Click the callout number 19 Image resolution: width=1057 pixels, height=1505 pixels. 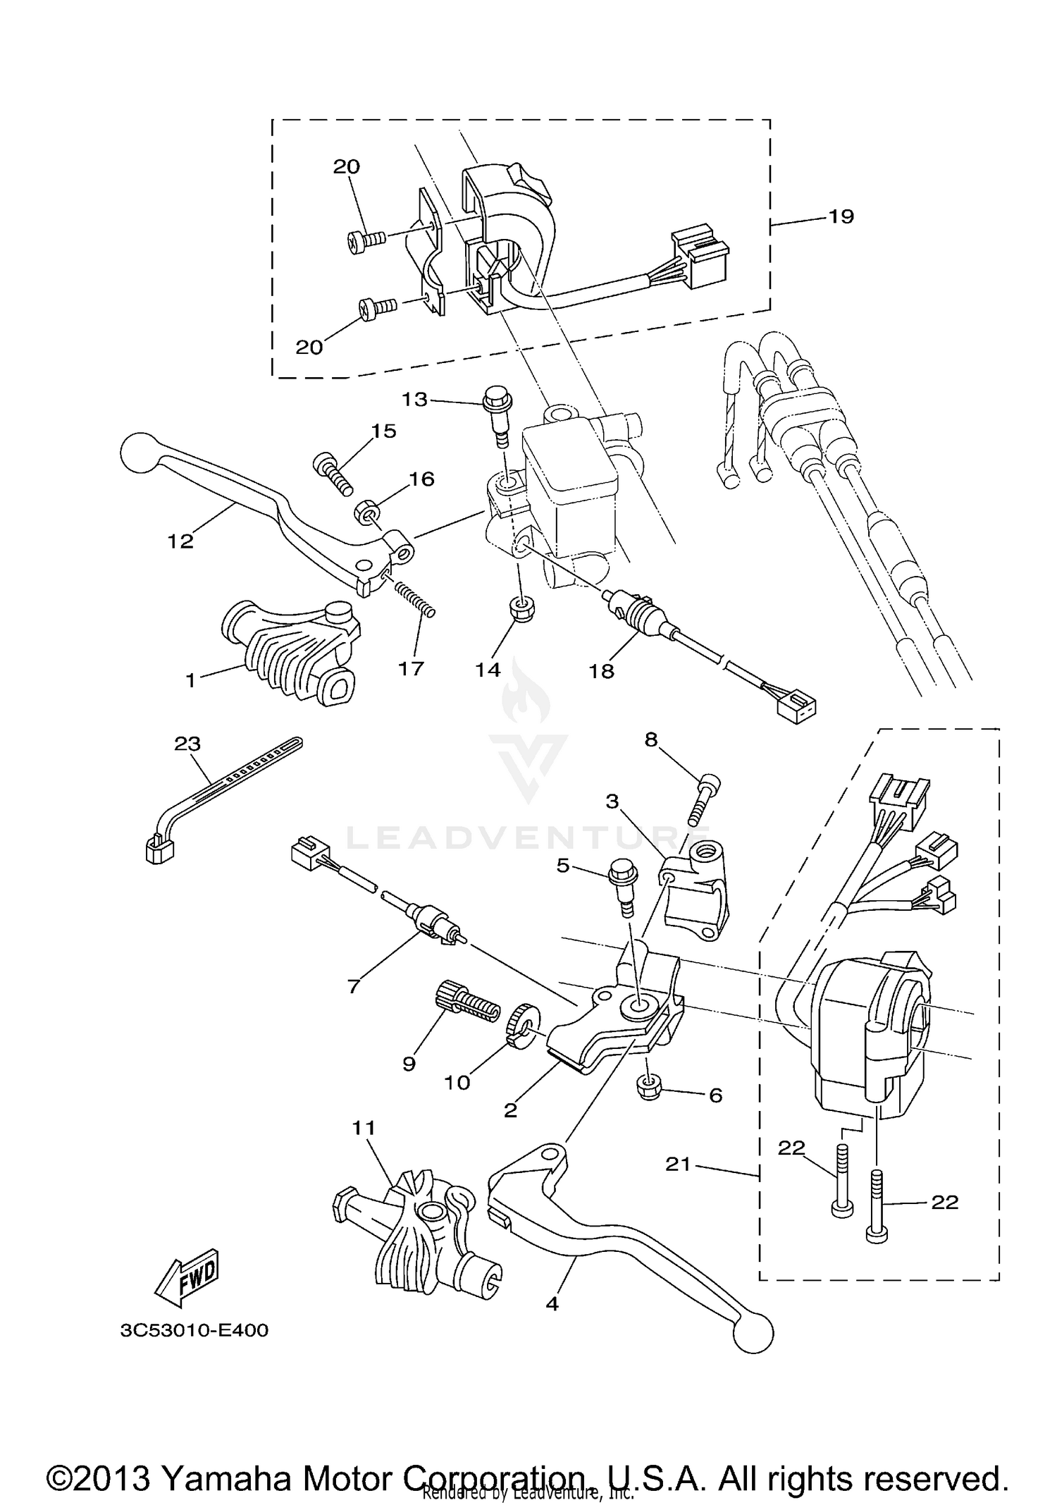point(841,216)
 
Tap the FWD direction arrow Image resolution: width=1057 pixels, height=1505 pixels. point(187,1275)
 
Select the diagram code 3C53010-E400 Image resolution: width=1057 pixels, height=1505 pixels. point(194,1331)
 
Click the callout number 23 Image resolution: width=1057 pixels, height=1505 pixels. point(188,744)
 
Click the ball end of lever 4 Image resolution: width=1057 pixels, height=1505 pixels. point(752,1332)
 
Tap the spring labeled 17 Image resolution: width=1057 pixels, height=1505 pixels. point(416,598)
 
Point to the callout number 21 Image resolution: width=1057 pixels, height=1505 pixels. point(678,1165)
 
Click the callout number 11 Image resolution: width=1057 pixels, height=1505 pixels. point(364,1128)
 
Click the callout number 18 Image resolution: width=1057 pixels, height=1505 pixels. point(602,671)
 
